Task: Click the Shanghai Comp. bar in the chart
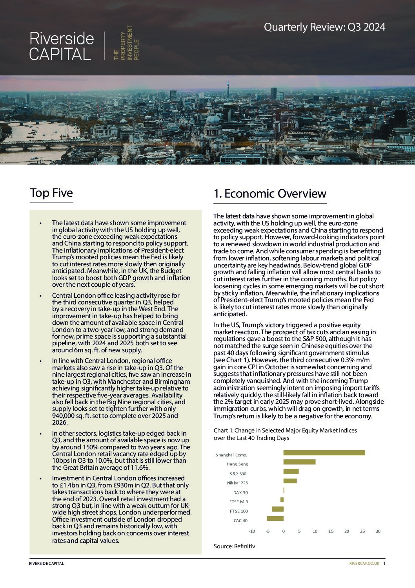pos(324,453)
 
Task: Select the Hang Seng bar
pos(299,462)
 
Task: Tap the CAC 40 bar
pos(275,518)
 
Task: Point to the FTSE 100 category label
pos(238,511)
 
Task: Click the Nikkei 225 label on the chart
pos(237,483)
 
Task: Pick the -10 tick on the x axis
pos(252,531)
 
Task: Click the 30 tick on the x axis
pos(378,531)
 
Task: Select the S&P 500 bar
pos(291,471)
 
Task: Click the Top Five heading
pos(51,193)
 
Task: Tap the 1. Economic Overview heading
pos(270,194)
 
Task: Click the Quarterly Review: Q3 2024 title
pos(324,27)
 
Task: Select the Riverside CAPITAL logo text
pos(62,46)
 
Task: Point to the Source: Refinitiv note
pos(234,546)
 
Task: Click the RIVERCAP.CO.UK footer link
pos(364,563)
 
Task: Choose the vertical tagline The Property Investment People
pos(126,43)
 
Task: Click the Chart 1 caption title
pos(285,434)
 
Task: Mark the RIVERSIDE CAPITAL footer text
pos(46,563)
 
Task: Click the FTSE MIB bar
pos(282,500)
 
